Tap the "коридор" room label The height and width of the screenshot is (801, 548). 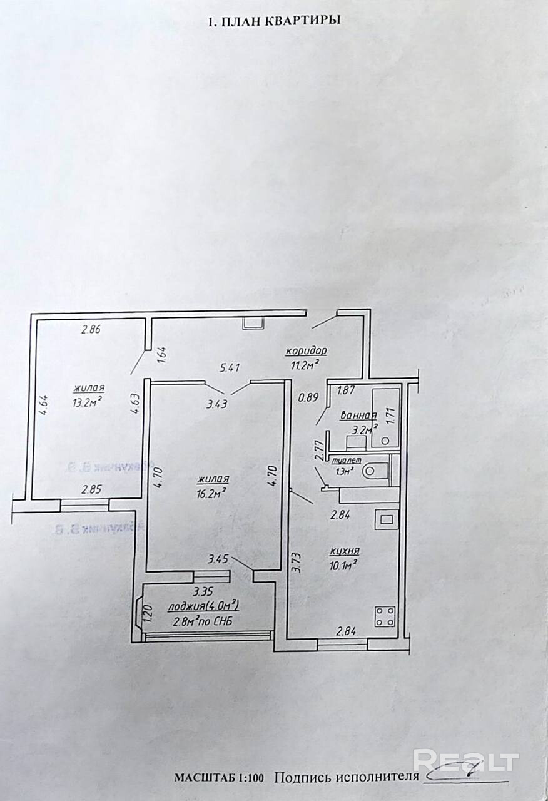click(307, 350)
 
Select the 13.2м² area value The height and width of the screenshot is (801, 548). click(87, 400)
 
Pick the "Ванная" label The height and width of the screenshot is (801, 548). click(357, 416)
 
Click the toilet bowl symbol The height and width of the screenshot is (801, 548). click(378, 469)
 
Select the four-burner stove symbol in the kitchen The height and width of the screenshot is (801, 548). click(383, 616)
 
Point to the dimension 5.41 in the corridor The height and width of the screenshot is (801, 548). click(230, 368)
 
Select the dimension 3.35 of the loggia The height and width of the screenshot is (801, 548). click(204, 592)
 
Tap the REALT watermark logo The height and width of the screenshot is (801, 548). click(466, 761)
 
